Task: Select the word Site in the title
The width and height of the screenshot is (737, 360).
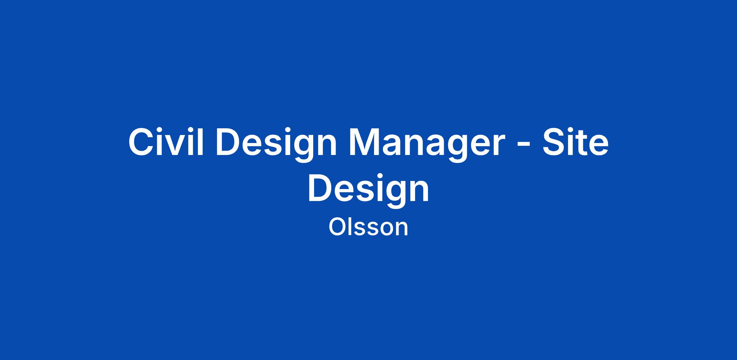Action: click(x=575, y=142)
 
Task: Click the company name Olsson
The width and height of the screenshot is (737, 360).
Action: click(x=368, y=227)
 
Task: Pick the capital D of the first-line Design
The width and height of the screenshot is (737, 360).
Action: click(x=229, y=142)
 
